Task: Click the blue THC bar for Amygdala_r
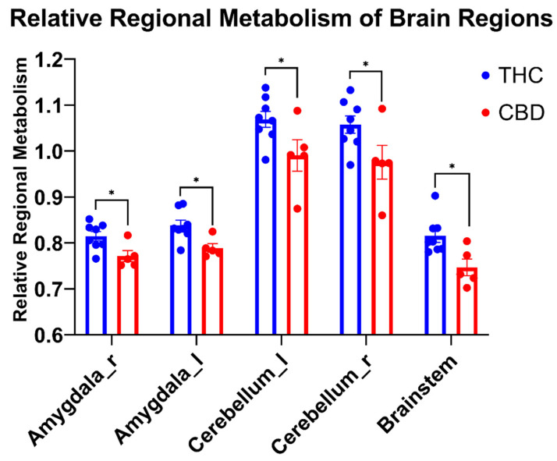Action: (x=96, y=289)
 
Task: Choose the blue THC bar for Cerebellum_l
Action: (x=266, y=234)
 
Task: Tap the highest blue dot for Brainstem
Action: (x=435, y=196)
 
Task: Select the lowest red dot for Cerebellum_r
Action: (x=381, y=215)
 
